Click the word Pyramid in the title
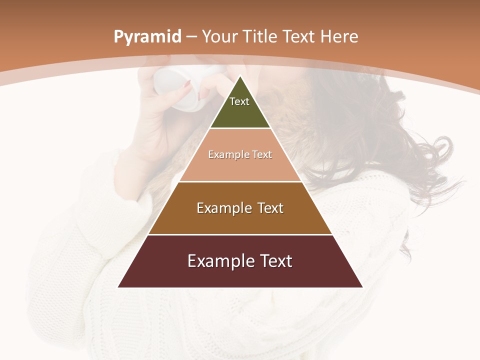coord(147,37)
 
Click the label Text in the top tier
coord(239,101)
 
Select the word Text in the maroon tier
coord(275,261)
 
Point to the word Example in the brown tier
coord(223,208)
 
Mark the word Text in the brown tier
coord(269,208)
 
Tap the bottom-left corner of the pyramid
coord(118,287)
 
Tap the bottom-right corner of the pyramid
coord(362,287)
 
